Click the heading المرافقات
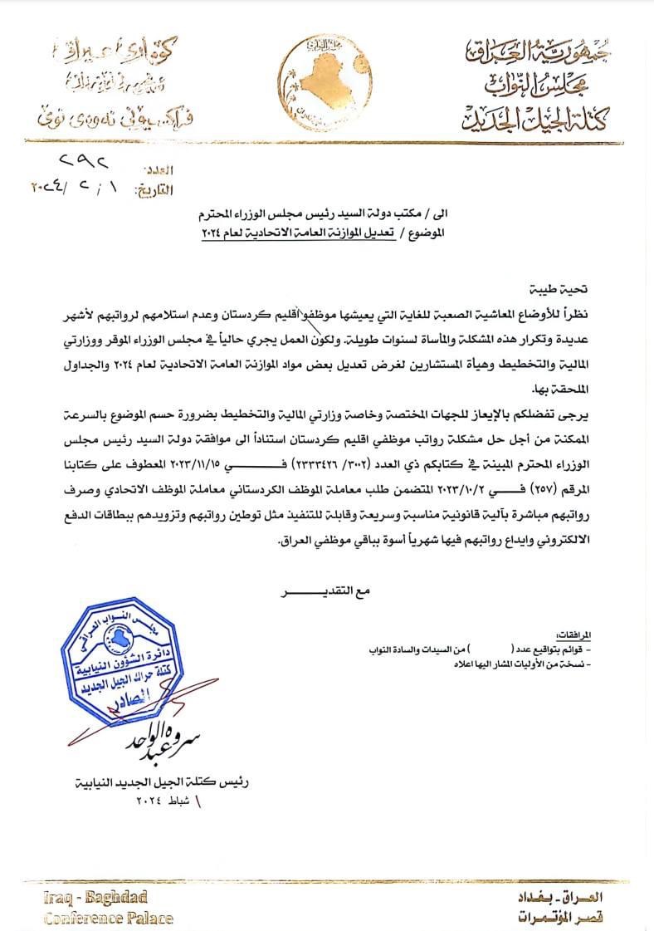point(582,633)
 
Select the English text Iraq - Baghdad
point(95,897)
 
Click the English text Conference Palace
point(109,918)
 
